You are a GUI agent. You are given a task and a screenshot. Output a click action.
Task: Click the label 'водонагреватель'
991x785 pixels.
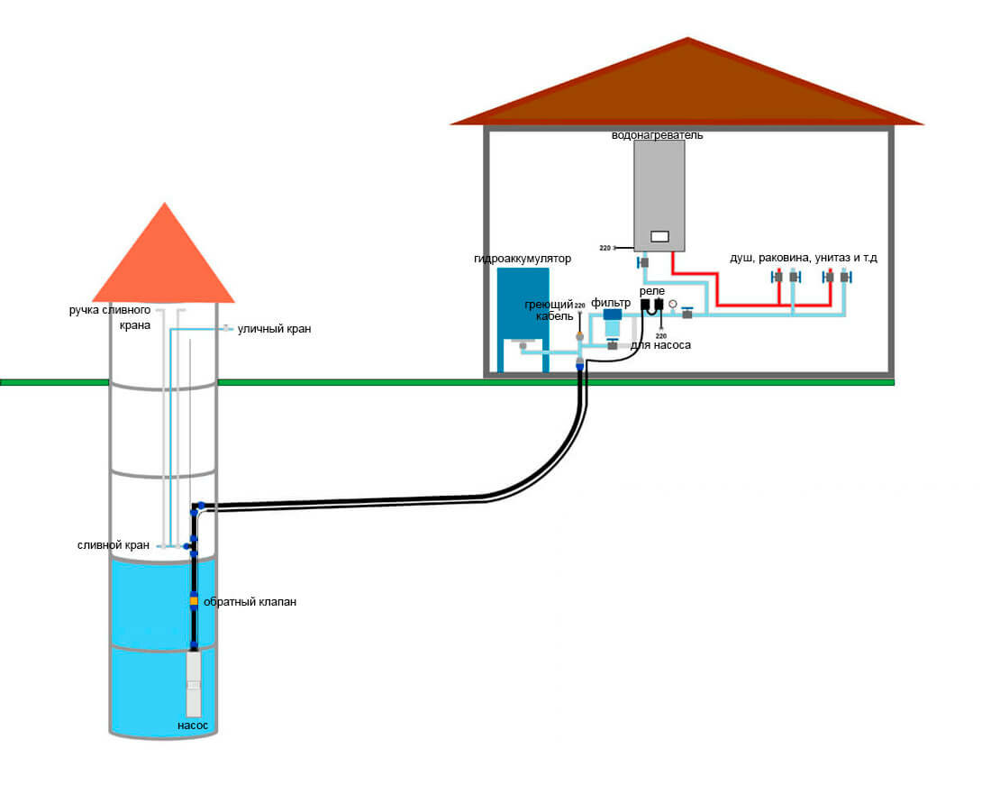[x=657, y=135]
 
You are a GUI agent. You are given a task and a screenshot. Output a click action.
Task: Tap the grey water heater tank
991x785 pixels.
[x=659, y=189]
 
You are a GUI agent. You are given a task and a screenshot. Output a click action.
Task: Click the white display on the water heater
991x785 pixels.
[x=659, y=236]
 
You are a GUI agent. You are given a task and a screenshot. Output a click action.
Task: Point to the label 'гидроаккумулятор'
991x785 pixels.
[x=523, y=259]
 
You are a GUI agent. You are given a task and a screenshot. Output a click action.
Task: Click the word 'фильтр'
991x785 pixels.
[x=611, y=303]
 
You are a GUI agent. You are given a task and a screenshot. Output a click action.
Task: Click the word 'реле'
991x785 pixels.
[x=652, y=292]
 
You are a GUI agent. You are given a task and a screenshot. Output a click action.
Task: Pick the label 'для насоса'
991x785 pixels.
[x=660, y=345]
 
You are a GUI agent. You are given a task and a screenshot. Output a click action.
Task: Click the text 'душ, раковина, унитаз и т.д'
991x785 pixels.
[x=804, y=259]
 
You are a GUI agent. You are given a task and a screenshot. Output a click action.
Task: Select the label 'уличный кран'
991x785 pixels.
[x=275, y=330]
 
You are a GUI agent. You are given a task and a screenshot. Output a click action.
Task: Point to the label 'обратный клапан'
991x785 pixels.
[x=250, y=602]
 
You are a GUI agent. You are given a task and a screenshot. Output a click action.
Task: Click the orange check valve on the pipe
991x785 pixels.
[x=193, y=601]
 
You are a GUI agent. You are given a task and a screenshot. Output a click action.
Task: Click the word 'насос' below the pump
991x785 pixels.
[x=193, y=725]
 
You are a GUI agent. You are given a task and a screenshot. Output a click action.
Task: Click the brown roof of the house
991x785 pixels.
[x=688, y=90]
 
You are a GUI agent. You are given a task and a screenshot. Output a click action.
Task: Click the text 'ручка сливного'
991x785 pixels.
[x=110, y=310]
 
